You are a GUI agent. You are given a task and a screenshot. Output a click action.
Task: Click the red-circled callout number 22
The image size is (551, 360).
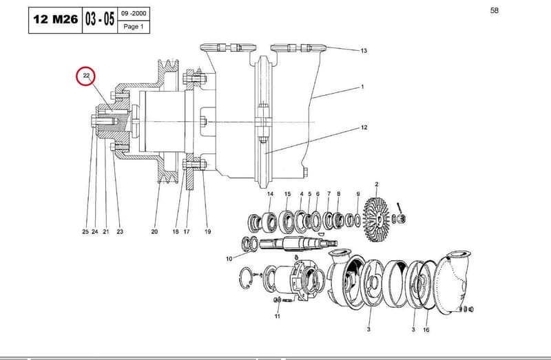(x=86, y=76)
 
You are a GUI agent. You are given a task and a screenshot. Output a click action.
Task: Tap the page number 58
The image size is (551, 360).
(x=494, y=10)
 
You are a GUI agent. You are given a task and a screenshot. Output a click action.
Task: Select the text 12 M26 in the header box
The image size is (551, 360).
(x=56, y=19)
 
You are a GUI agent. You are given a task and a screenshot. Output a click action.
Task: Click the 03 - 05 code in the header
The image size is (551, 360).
(x=100, y=19)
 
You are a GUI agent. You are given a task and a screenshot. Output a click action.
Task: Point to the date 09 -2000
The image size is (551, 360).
(x=134, y=14)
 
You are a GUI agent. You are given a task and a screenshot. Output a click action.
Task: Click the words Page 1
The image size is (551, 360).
(x=134, y=27)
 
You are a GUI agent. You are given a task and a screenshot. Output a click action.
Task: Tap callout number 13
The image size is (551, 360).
(x=364, y=51)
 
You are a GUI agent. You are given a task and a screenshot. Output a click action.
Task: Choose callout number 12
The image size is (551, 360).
(x=364, y=127)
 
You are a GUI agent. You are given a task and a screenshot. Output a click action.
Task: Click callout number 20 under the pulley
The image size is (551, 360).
(x=154, y=232)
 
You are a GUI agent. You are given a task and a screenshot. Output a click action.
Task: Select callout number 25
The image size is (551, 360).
(x=85, y=232)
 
